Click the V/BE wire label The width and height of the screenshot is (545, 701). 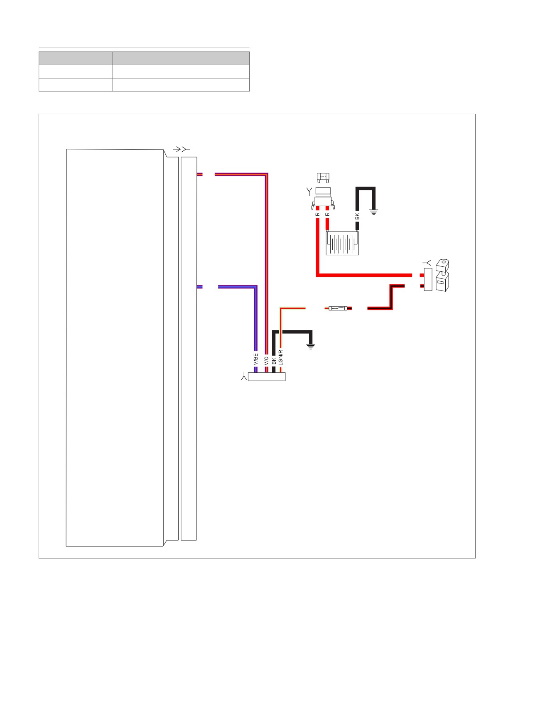point(256,359)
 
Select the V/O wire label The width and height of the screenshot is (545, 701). point(266,361)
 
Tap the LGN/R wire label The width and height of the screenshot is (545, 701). point(281,357)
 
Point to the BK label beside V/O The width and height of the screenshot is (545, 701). point(274,362)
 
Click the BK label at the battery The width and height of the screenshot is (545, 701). point(357,216)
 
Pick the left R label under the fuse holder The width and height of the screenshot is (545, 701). point(317,214)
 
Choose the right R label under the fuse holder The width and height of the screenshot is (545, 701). point(327,214)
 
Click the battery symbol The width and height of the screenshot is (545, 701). point(342,243)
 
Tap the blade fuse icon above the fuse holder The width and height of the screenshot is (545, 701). point(323,178)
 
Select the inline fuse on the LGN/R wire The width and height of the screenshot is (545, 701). point(338,308)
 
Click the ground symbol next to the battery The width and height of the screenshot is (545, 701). point(374,212)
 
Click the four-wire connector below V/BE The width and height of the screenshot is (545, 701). point(267,377)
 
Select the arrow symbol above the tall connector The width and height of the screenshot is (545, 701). point(182,149)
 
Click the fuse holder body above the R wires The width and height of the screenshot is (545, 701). point(323,199)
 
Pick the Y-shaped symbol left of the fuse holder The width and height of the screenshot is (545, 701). point(309,192)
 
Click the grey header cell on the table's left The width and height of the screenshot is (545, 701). point(76,58)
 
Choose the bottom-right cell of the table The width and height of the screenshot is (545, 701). point(181,85)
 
